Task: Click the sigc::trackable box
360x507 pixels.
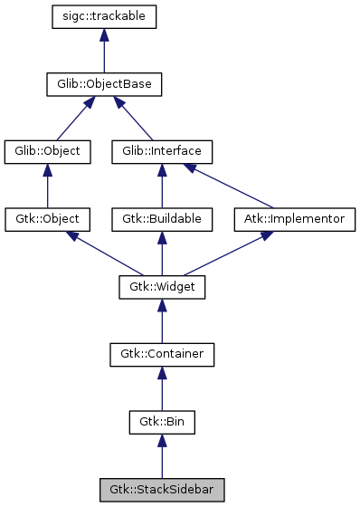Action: (105, 17)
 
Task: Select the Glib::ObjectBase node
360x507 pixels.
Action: (105, 85)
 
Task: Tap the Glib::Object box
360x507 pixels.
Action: (48, 151)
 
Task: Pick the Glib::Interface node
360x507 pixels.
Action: (162, 151)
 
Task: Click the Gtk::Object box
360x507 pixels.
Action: (48, 219)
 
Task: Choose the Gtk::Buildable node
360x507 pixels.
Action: (162, 219)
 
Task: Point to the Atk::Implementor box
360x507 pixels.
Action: (295, 219)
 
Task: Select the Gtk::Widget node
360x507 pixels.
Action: (162, 287)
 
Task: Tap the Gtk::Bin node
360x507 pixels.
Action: (162, 422)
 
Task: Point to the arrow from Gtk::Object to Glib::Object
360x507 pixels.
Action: (48, 186)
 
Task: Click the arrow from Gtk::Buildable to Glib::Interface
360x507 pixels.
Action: (162, 186)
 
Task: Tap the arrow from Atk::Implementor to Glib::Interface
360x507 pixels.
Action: (231, 187)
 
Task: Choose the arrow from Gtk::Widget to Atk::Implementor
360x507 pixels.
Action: (230, 253)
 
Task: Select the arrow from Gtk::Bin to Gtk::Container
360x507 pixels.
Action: (162, 388)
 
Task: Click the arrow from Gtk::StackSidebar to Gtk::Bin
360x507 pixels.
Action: (162, 456)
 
